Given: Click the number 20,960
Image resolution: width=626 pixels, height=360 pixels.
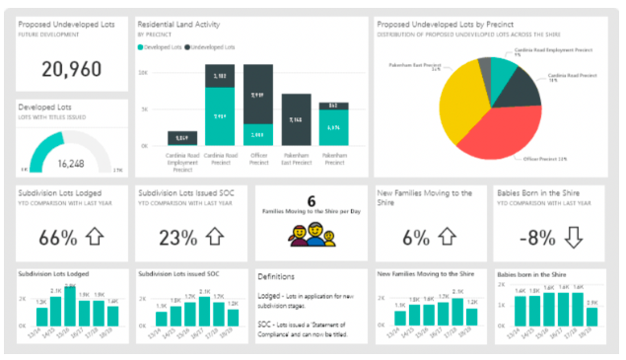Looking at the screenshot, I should pyautogui.click(x=71, y=67).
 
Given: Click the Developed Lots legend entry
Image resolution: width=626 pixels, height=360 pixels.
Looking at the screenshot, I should pyautogui.click(x=161, y=47).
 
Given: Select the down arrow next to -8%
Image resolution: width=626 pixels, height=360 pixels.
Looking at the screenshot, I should pyautogui.click(x=575, y=237).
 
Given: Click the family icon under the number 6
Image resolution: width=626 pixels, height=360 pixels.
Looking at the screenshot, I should pyautogui.click(x=311, y=235).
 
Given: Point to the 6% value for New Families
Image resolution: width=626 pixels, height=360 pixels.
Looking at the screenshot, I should pyautogui.click(x=416, y=237).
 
